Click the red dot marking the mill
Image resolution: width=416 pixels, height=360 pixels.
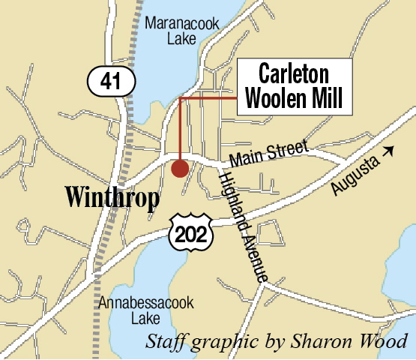tap(180, 168)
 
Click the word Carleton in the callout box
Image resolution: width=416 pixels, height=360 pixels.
tap(294, 74)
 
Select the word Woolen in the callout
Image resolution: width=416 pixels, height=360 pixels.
tap(277, 97)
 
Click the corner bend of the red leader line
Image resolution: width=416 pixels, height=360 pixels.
tap(181, 98)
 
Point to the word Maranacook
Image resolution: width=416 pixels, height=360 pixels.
tap(183, 24)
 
